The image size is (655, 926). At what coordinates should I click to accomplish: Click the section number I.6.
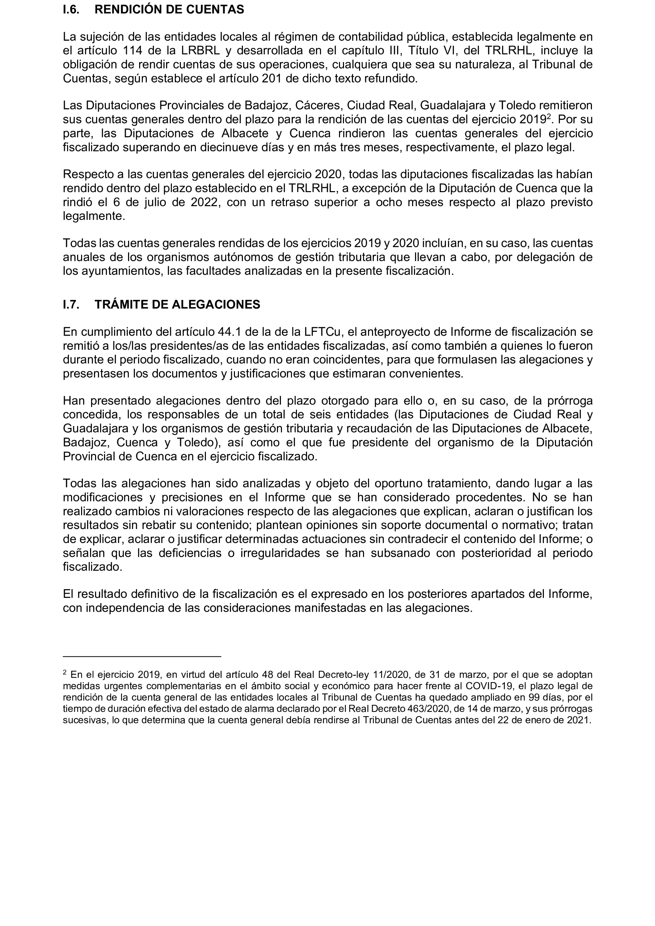[71, 10]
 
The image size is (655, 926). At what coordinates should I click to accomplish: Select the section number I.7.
[71, 305]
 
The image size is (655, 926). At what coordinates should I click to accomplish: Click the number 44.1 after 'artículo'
[230, 332]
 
